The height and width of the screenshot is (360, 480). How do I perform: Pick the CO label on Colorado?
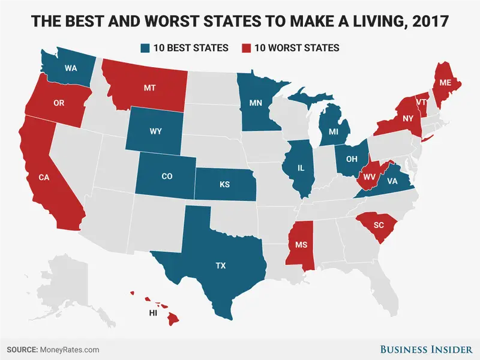(x=167, y=177)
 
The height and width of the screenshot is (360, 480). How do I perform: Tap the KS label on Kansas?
(x=224, y=184)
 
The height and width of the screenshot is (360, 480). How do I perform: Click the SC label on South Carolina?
(x=378, y=225)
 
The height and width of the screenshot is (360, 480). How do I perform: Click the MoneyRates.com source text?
(x=70, y=349)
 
